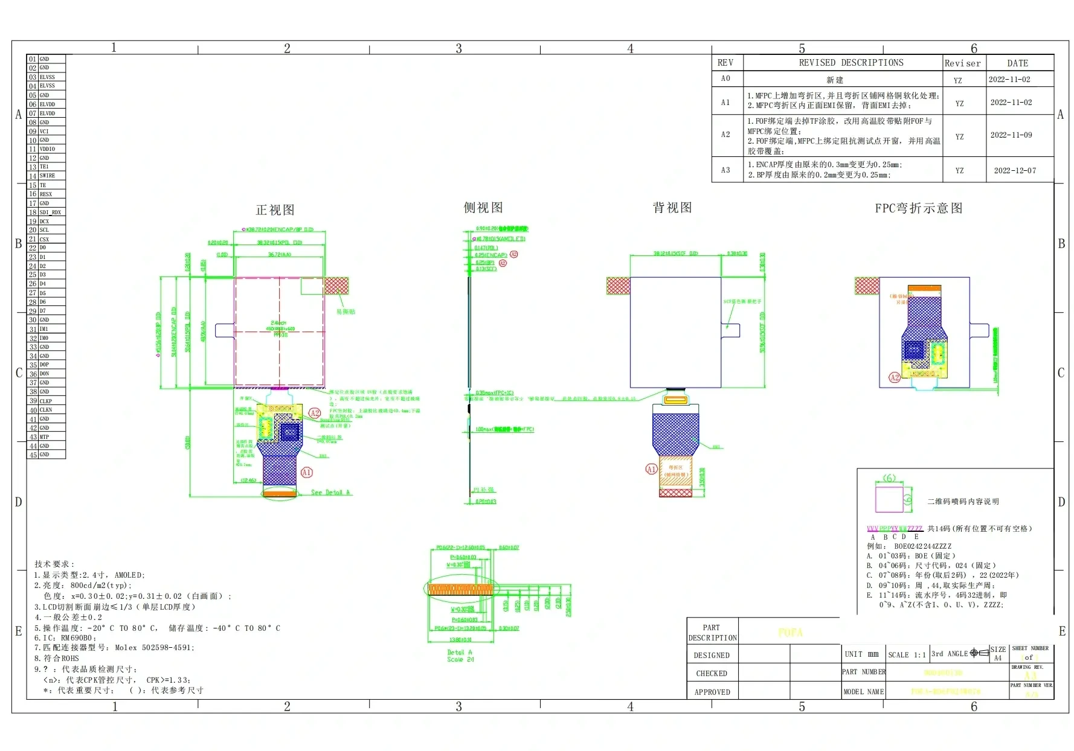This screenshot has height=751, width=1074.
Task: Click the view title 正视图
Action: pyautogui.click(x=275, y=210)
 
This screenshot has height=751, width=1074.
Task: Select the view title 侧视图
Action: pyautogui.click(x=483, y=208)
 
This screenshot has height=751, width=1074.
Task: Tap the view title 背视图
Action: pyautogui.click(x=672, y=208)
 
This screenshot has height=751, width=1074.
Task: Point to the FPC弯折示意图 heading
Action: pyautogui.click(x=918, y=208)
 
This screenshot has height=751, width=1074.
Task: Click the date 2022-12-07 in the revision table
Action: pyautogui.click(x=1014, y=171)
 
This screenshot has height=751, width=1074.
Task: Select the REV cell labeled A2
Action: pyautogui.click(x=725, y=135)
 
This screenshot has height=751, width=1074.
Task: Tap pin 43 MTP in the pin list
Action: pyautogui.click(x=43, y=437)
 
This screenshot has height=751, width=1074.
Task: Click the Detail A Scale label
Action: pyautogui.click(x=460, y=656)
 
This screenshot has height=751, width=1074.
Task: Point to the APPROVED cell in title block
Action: pyautogui.click(x=712, y=692)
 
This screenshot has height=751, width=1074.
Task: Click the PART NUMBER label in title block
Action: pyautogui.click(x=863, y=672)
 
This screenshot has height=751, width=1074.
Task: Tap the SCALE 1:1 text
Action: pyautogui.click(x=907, y=654)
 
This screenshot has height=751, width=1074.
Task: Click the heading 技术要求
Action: pyautogui.click(x=54, y=564)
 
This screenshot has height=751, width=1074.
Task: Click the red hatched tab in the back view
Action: pyautogui.click(x=617, y=286)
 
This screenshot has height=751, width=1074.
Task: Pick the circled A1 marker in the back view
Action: pyautogui.click(x=651, y=469)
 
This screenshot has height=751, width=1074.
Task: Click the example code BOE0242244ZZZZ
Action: pyautogui.click(x=922, y=546)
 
